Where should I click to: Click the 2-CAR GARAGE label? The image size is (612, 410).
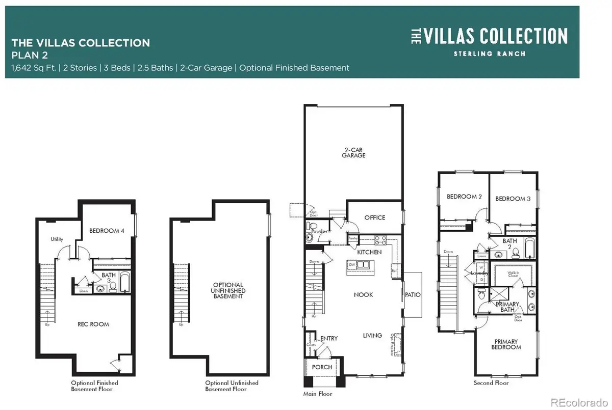point(353,152)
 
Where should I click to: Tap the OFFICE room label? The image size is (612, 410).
point(374,217)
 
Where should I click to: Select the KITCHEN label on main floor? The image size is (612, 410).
point(370,252)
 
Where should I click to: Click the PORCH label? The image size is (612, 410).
point(322,367)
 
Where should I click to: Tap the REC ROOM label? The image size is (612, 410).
point(93,324)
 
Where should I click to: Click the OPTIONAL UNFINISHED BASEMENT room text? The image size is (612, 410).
point(228,290)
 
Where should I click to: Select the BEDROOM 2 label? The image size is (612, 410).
point(464,197)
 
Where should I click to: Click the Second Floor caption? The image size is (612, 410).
point(491,382)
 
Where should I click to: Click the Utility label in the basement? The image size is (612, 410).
point(56,239)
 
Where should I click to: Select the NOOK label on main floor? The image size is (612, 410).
point(364,294)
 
